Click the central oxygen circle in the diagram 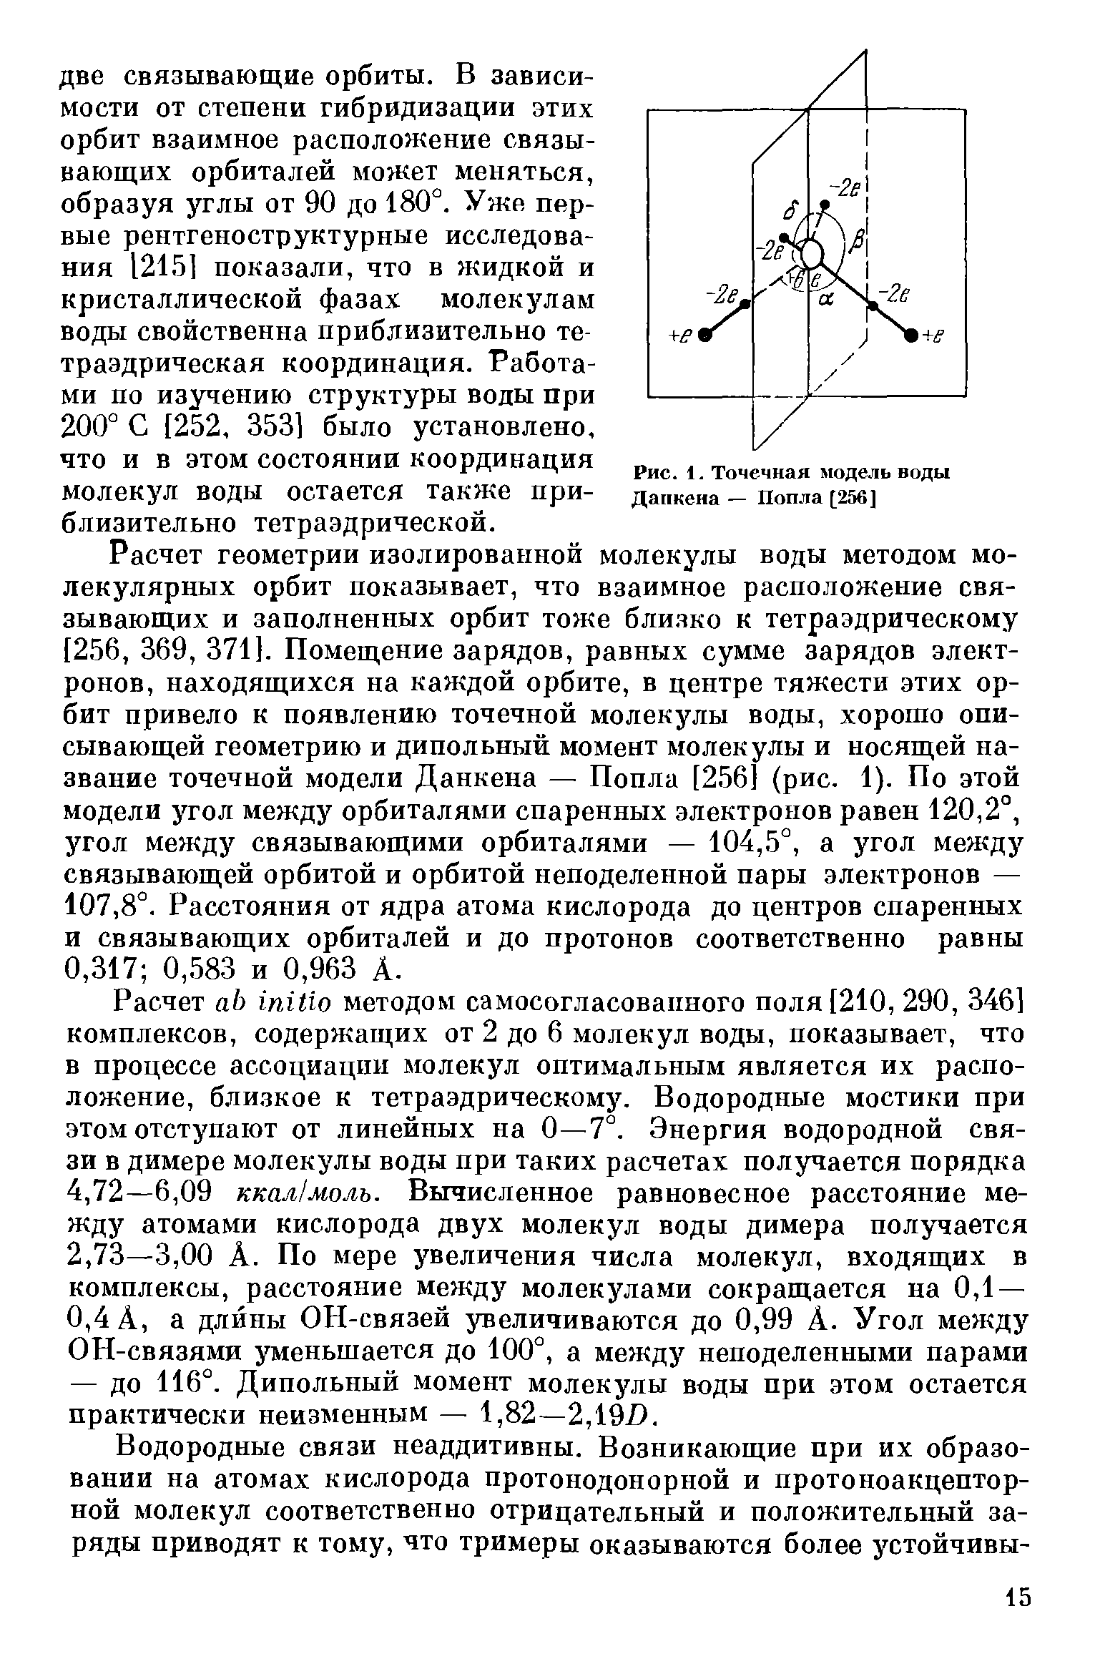pos(812,253)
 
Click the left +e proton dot pos(705,334)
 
